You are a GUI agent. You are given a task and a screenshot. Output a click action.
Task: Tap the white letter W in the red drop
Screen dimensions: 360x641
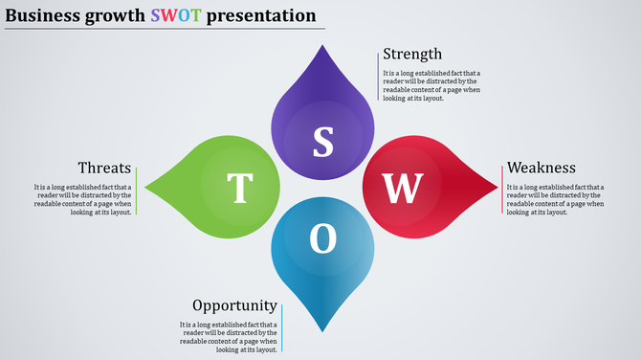403,189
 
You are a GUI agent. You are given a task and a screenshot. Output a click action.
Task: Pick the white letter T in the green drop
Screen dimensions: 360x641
239,189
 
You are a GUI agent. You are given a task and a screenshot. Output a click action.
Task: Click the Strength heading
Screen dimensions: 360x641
412,54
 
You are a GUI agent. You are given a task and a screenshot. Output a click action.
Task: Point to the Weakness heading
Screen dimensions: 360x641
541,168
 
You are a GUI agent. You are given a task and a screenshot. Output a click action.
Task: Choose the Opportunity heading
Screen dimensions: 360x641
235,305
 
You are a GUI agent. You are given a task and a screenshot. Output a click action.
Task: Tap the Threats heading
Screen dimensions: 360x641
104,168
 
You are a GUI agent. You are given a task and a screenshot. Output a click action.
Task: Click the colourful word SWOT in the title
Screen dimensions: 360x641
176,15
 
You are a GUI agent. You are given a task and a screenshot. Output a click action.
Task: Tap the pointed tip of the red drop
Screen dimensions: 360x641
498,189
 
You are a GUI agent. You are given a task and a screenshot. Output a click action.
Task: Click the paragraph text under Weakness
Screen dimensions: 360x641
555,199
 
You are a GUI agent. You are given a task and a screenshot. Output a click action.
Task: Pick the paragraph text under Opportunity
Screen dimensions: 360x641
229,338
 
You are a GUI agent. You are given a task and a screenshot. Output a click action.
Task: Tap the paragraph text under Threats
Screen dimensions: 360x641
83,199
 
